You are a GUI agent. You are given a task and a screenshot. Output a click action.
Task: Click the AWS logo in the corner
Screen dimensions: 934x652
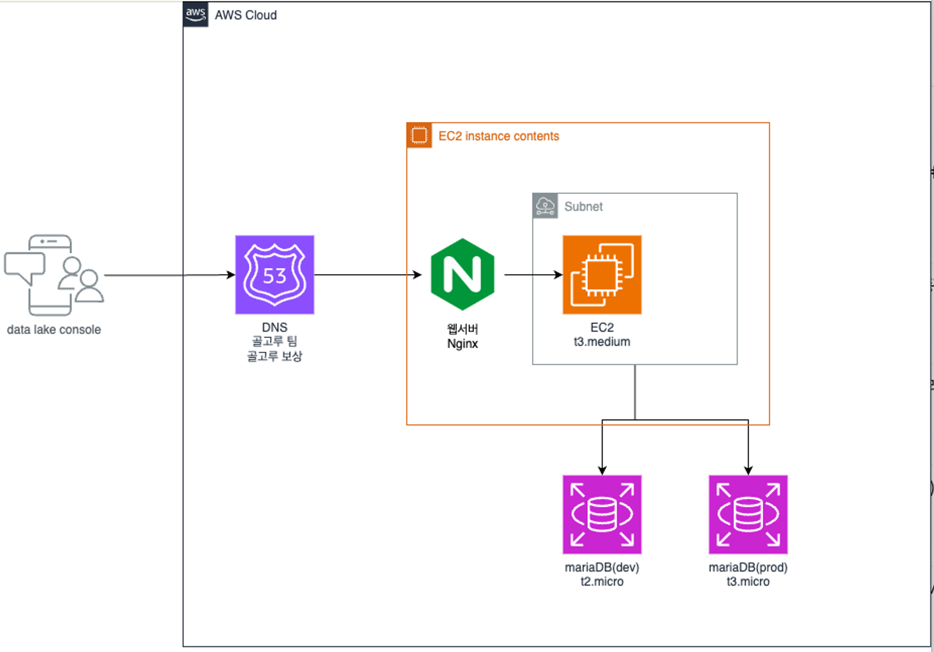(x=196, y=14)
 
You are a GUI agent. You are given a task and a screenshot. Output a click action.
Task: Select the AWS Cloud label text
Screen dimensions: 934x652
(x=246, y=15)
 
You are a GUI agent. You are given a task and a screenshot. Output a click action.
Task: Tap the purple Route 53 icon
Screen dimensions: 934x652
(x=275, y=275)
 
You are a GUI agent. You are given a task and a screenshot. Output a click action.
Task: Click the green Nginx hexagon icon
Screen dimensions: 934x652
(x=462, y=274)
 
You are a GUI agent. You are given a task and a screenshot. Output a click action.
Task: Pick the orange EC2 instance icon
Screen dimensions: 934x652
(x=602, y=275)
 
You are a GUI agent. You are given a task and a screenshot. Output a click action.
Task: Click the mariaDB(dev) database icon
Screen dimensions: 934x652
(x=602, y=515)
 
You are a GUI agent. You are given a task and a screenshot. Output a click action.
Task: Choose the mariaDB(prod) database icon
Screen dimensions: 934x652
(x=748, y=515)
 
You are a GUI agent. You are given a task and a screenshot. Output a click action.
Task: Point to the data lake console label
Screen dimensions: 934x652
(x=54, y=329)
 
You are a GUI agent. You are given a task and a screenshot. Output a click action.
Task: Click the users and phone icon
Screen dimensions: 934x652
(x=54, y=275)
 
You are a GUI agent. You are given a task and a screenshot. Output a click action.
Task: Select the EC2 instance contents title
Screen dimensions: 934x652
(x=498, y=136)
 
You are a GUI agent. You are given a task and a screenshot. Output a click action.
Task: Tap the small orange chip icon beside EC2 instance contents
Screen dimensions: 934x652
(x=419, y=135)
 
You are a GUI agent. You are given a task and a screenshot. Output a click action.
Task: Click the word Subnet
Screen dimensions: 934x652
(x=583, y=206)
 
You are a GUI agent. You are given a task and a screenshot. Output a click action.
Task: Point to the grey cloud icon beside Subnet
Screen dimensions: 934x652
(x=545, y=206)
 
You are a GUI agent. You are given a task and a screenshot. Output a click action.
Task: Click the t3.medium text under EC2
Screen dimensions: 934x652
(x=602, y=342)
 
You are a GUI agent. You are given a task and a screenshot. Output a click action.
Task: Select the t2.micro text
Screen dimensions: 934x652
(x=602, y=581)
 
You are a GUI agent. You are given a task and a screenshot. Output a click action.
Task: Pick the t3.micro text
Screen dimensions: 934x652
(x=748, y=581)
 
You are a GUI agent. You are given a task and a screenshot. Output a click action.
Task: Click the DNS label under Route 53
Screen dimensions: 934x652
(x=275, y=327)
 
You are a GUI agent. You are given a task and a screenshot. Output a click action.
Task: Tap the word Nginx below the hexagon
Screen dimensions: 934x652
(x=462, y=344)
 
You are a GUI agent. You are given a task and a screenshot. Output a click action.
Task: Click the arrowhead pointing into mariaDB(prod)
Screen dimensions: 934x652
(x=748, y=470)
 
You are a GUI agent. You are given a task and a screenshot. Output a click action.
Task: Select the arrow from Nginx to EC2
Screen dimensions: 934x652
(x=533, y=275)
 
